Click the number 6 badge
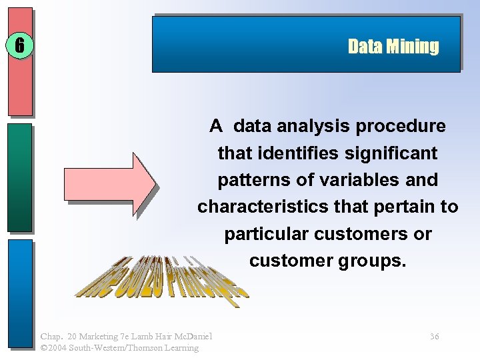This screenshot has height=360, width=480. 19,45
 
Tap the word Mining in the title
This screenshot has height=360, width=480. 413,46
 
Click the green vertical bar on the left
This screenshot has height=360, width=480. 20,177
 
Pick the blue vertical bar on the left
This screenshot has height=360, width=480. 20,293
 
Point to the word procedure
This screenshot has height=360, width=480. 407,126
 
